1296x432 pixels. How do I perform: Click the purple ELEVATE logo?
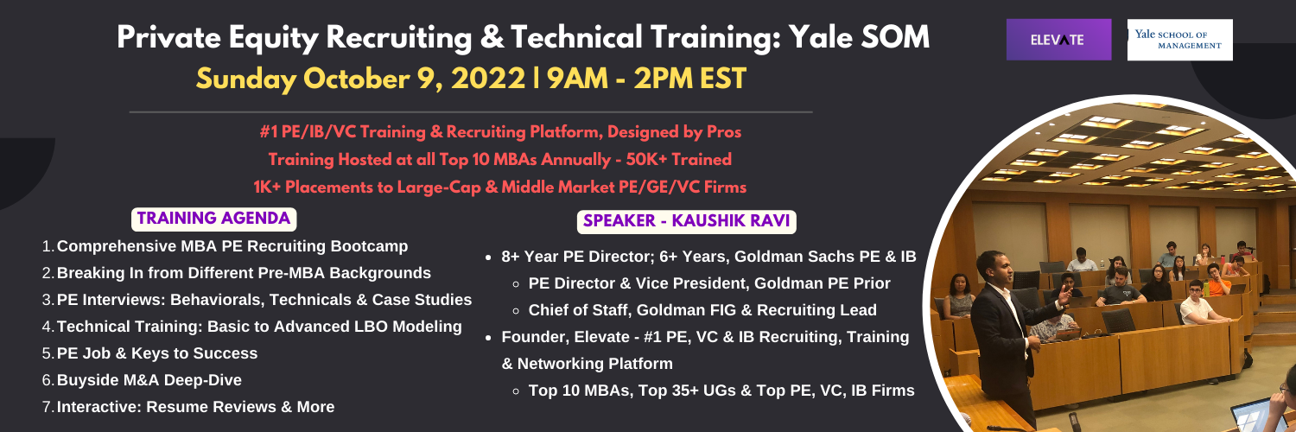coord(1058,40)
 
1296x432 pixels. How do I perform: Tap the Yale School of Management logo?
coord(1179,40)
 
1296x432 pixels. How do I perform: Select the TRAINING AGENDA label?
coord(213,219)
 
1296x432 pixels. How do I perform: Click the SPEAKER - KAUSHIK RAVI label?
coord(686,221)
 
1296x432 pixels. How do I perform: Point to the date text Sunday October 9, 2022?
coord(360,79)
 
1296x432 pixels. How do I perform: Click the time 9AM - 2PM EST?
coord(647,79)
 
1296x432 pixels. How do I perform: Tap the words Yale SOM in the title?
coord(859,37)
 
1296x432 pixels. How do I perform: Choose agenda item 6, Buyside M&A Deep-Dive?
coord(149,380)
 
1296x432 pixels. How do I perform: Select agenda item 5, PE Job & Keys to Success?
coord(156,353)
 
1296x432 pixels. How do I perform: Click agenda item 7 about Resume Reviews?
coord(195,407)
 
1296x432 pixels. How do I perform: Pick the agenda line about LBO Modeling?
coord(259,327)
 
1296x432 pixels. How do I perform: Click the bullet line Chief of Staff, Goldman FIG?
coord(702,310)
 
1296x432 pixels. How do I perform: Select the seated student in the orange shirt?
coord(1218,281)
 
